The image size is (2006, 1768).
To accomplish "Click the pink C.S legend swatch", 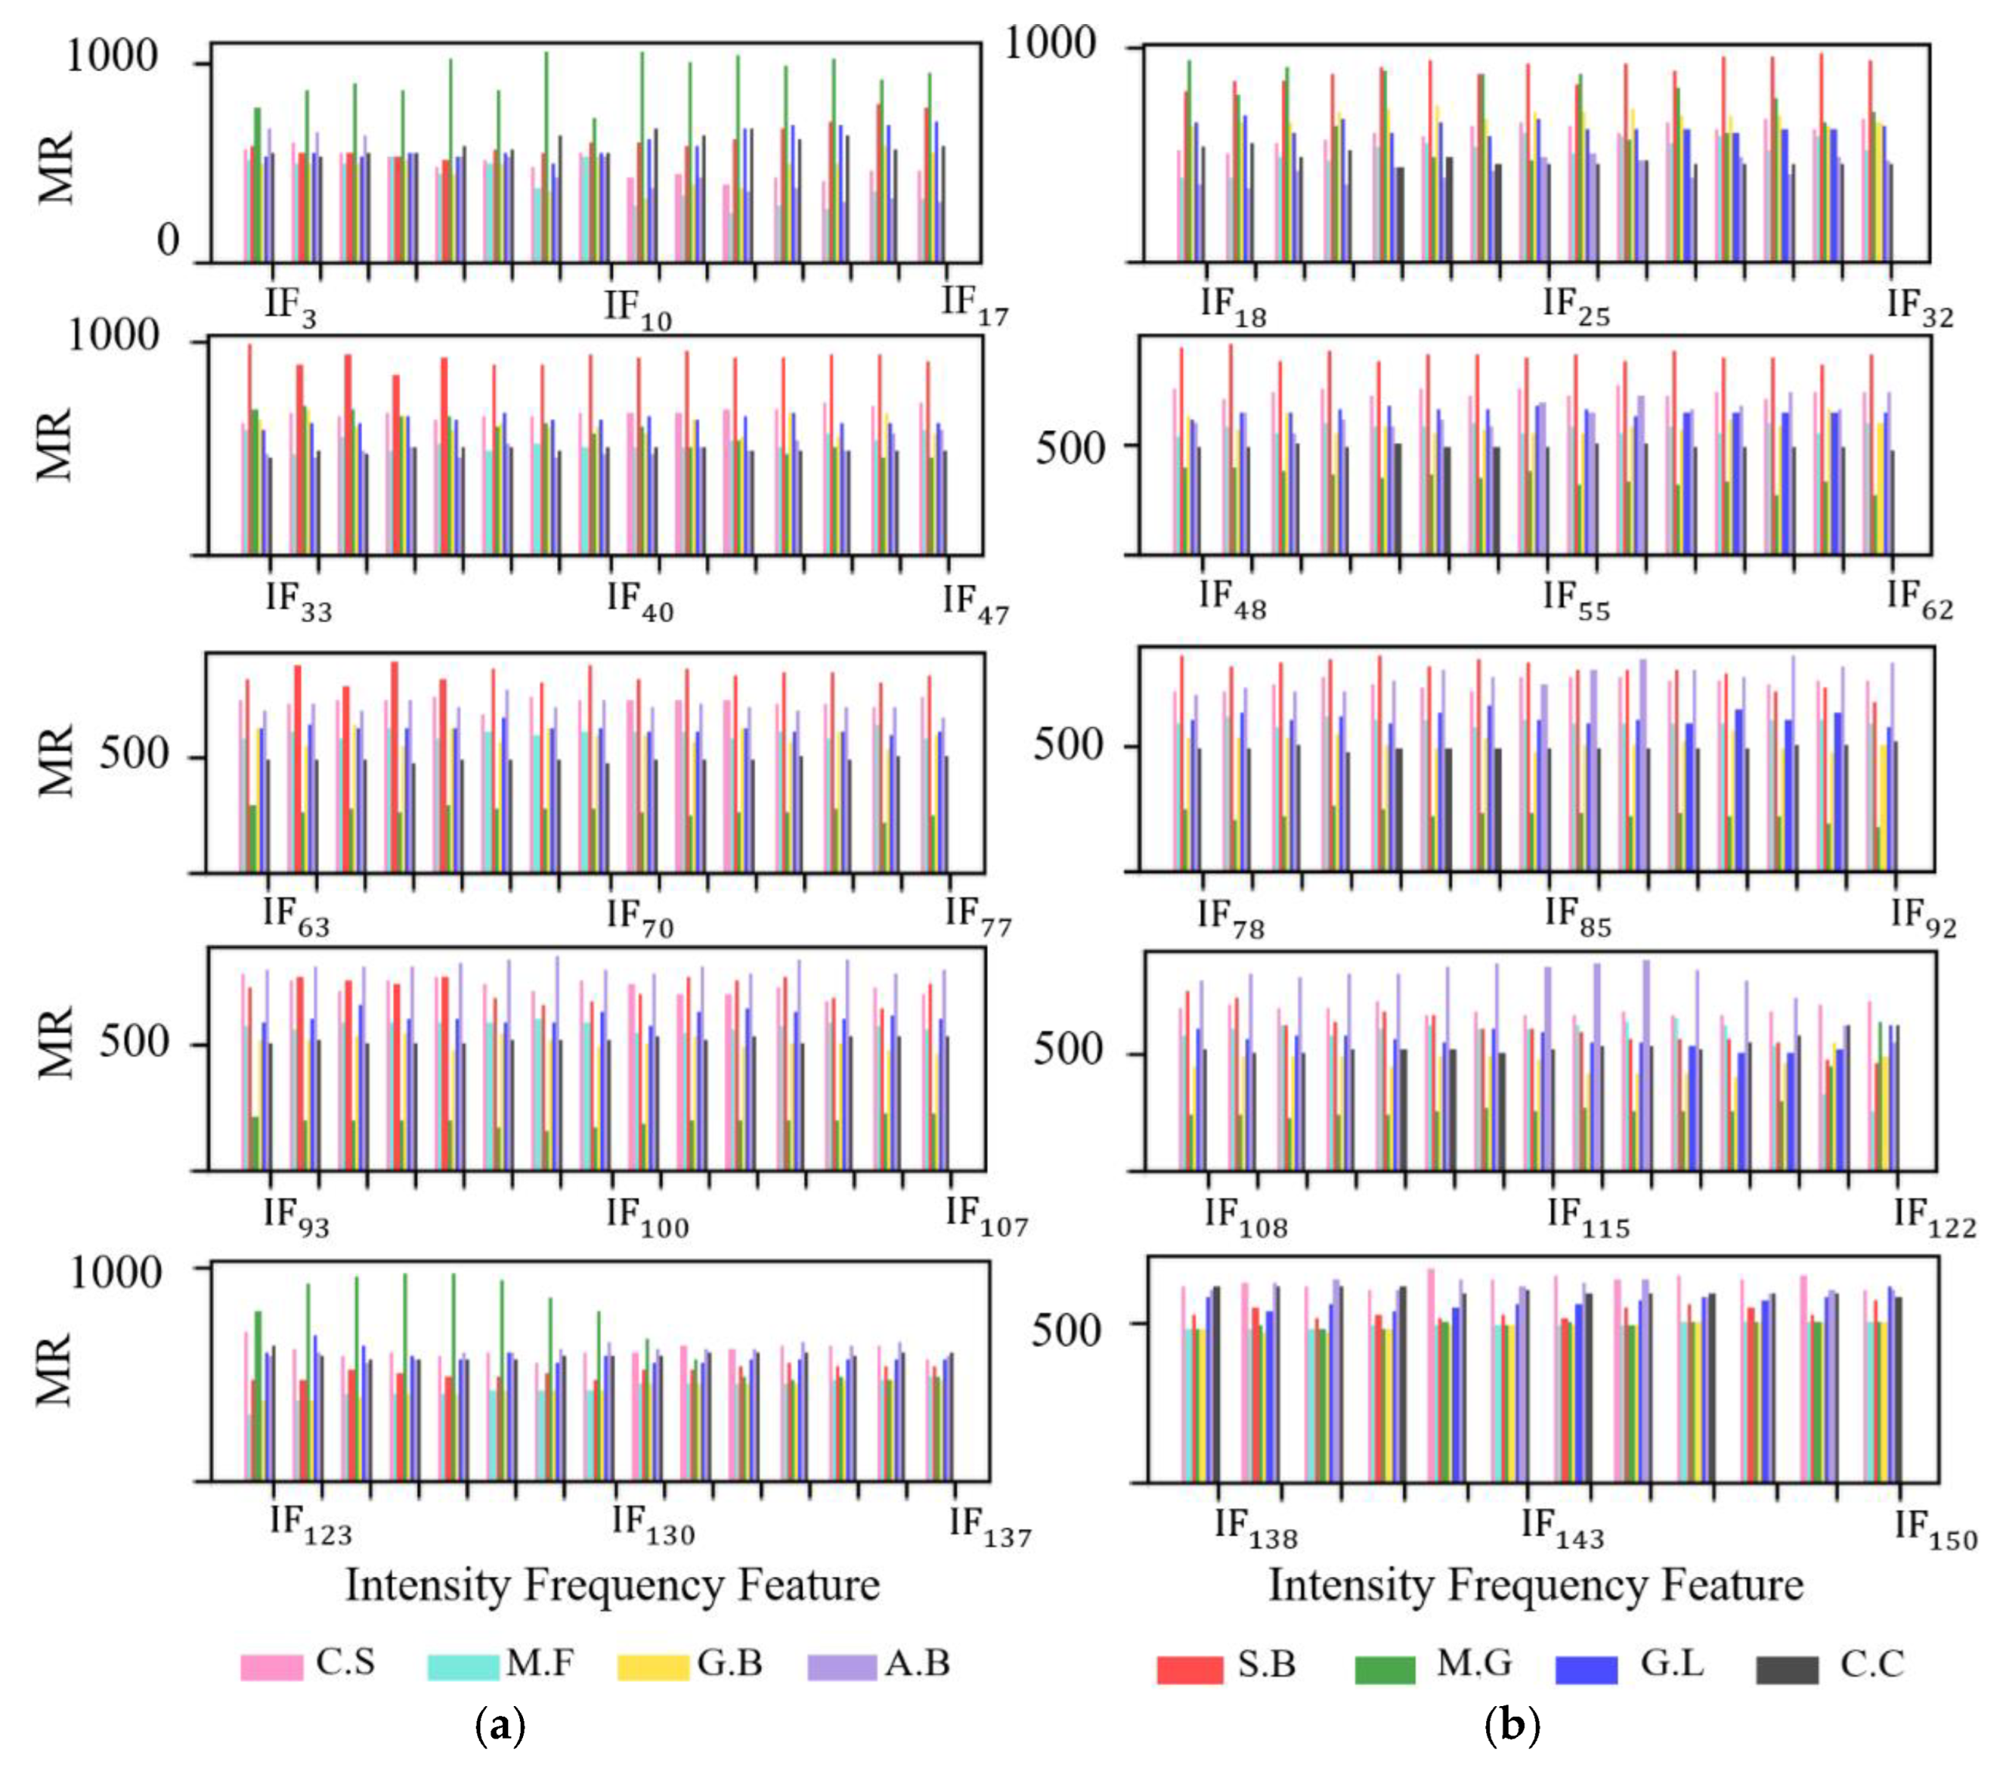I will point(272,1667).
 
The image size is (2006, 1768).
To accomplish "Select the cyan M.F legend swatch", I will point(463,1667).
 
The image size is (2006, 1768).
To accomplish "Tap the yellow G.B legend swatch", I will point(653,1667).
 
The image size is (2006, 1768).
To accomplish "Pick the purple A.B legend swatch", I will point(841,1667).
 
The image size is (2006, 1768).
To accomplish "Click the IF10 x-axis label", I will point(637,309).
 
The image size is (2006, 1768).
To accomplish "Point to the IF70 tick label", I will point(639,919).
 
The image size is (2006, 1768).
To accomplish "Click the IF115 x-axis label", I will point(1588,1219).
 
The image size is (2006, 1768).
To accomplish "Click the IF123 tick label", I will point(310,1527).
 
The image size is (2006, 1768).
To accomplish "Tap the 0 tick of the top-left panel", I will point(168,241).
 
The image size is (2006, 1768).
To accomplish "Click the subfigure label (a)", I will point(500,1725).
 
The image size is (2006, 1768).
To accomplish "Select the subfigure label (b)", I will point(1512,1725).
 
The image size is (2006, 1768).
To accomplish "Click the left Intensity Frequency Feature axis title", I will point(613,1585).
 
